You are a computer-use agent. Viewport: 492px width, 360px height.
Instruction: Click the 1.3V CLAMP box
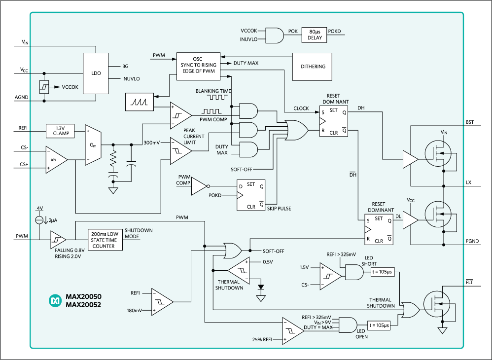pos(60,130)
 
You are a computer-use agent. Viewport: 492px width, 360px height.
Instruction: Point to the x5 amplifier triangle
pos(55,159)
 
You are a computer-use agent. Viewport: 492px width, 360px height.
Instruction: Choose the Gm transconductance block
pos(93,145)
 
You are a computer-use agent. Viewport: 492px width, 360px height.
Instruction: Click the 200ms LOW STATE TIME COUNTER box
pos(105,239)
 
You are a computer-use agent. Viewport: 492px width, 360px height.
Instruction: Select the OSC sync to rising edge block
pos(197,66)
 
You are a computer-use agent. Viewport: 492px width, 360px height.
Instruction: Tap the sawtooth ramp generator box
pos(139,102)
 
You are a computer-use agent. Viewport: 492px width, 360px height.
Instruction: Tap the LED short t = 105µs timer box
pos(382,272)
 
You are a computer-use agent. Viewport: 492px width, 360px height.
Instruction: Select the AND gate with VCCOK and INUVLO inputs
pos(275,35)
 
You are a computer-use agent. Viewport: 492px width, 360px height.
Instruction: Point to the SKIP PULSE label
pos(279,209)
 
